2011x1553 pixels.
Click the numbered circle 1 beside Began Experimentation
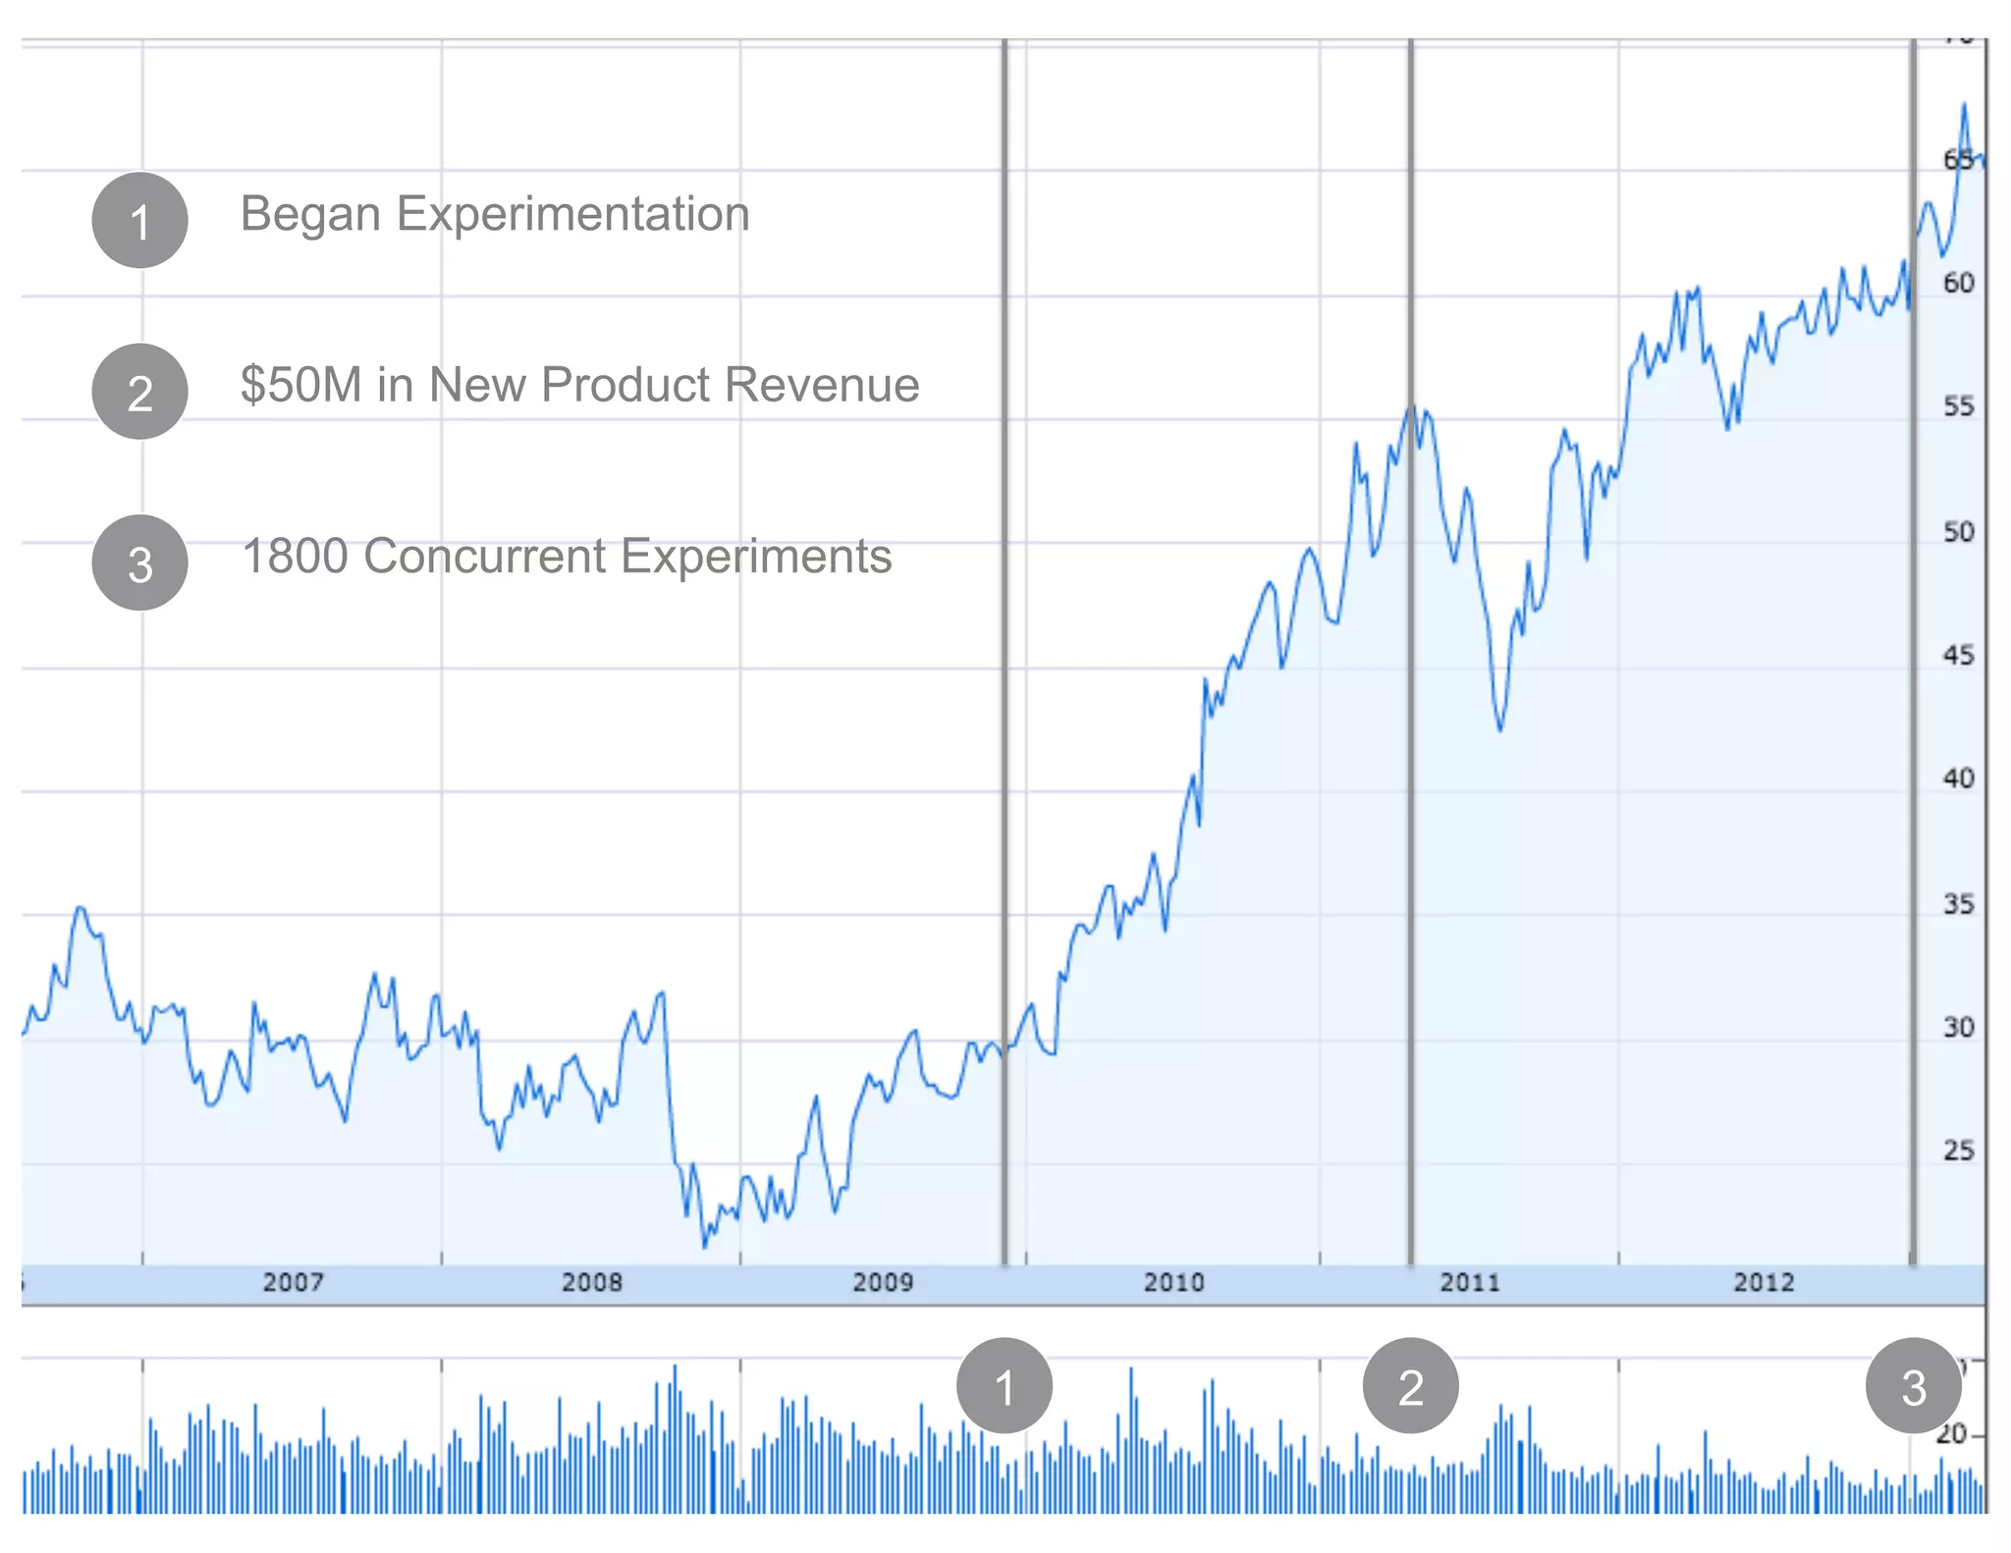(139, 220)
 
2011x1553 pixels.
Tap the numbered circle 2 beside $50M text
(139, 392)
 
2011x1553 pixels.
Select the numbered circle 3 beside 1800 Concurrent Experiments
(139, 563)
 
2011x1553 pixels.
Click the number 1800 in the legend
(295, 557)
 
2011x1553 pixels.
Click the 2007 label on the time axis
(293, 1282)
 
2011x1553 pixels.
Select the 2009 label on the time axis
(882, 1282)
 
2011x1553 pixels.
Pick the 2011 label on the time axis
(1469, 1282)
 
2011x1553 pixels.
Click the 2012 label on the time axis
(1763, 1282)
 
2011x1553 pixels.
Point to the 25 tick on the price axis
(1958, 1151)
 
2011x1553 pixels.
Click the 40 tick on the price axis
(1958, 778)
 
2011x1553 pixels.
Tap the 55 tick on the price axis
(1958, 406)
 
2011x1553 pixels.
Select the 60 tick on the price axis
(1958, 283)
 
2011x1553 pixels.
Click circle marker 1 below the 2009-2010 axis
(1004, 1386)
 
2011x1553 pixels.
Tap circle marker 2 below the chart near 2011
(1410, 1386)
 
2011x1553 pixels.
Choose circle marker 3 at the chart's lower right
(1913, 1386)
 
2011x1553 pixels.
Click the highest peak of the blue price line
(1964, 105)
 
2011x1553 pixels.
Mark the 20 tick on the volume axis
(1951, 1434)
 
